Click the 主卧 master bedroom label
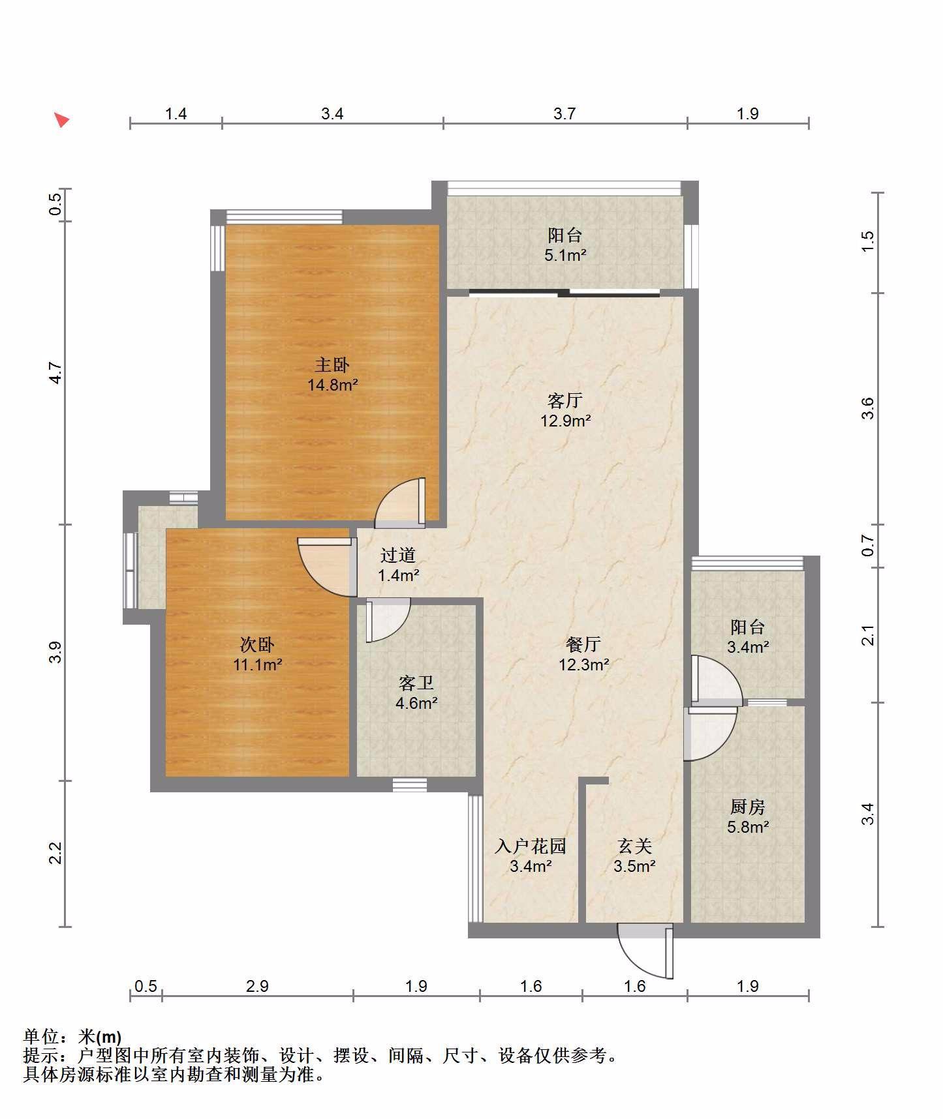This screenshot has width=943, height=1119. [332, 365]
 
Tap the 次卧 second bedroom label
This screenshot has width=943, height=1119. [257, 645]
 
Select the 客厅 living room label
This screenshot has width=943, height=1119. [565, 400]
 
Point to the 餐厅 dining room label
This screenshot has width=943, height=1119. [583, 644]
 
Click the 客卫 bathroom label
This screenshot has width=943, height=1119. [416, 683]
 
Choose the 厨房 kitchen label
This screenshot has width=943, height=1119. [748, 807]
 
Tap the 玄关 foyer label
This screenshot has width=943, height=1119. [634, 846]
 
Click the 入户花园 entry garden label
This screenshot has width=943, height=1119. [531, 846]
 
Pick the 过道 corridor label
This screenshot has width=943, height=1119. [398, 555]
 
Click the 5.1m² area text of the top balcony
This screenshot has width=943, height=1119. [566, 255]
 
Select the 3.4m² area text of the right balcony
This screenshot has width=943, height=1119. [748, 648]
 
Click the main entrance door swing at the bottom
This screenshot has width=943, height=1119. [645, 951]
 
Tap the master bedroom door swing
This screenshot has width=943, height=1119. [399, 503]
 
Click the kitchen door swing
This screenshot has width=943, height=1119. [710, 734]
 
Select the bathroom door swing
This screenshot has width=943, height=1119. [388, 619]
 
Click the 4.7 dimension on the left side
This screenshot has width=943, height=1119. [56, 373]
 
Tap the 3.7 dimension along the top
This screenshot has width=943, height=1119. [564, 113]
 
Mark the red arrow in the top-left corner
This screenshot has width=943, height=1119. [61, 120]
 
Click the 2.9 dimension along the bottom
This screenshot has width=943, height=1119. [257, 986]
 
